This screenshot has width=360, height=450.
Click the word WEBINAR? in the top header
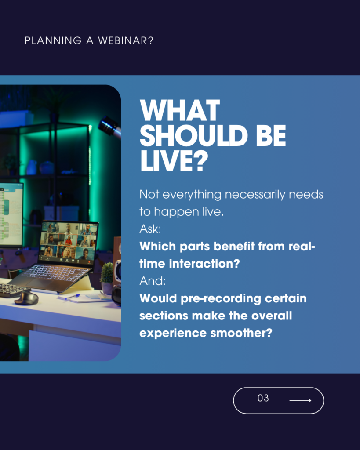126,40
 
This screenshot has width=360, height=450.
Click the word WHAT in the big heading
180,110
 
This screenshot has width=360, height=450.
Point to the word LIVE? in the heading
174,161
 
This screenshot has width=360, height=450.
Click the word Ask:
150,229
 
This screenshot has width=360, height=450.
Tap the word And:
153,281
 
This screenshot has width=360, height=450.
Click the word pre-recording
221,299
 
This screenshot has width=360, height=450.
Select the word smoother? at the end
241,333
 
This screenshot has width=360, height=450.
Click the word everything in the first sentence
192,195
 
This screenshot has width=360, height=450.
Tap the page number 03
263,398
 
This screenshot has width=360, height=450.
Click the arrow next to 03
300,400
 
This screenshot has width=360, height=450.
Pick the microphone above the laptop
109,126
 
